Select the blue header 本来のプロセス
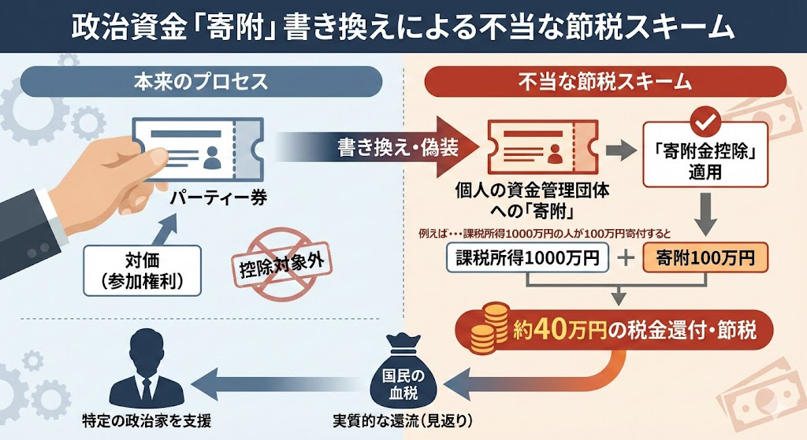click(202, 81)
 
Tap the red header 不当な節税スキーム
click(605, 81)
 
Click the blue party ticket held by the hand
click(197, 150)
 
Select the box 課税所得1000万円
click(527, 258)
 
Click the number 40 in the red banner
click(552, 329)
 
